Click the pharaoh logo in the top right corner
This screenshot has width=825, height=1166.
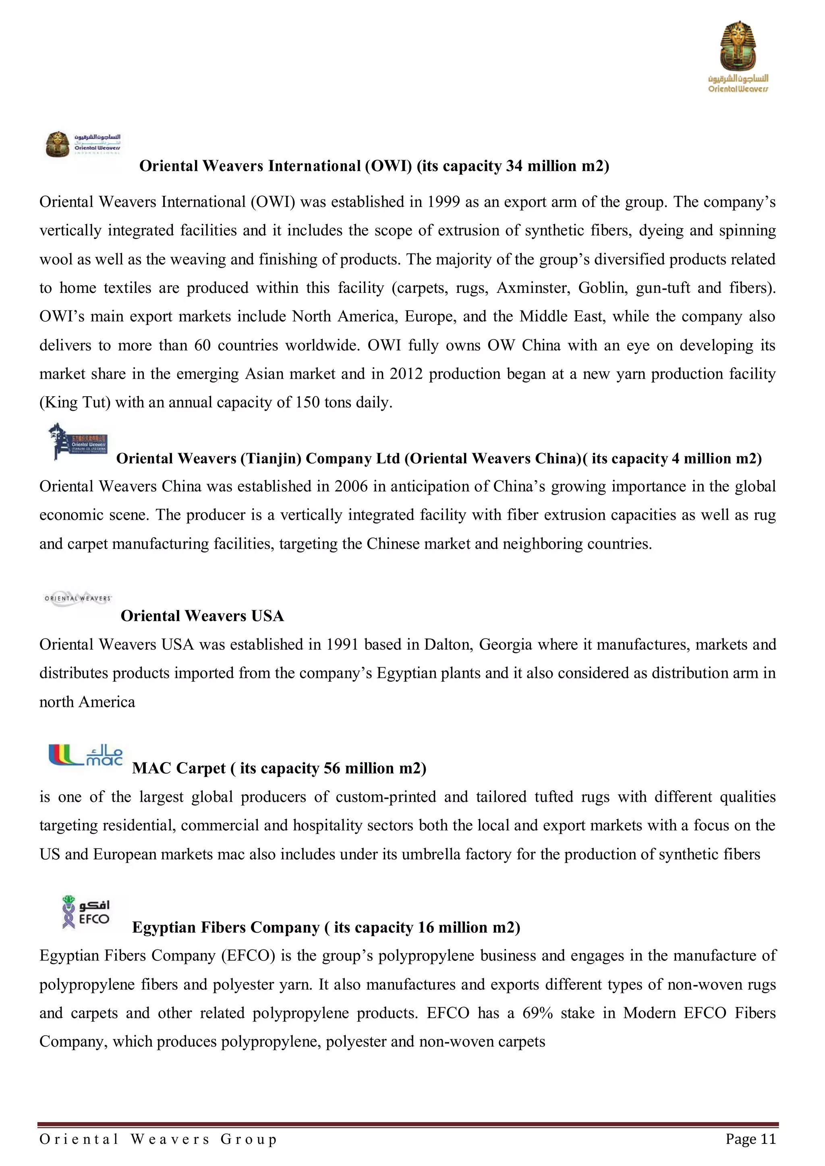pyautogui.click(x=738, y=56)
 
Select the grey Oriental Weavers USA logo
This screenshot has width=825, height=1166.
pyautogui.click(x=78, y=599)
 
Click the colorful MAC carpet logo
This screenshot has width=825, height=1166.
pyautogui.click(x=85, y=755)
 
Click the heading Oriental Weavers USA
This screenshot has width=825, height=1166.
pyautogui.click(x=202, y=616)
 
